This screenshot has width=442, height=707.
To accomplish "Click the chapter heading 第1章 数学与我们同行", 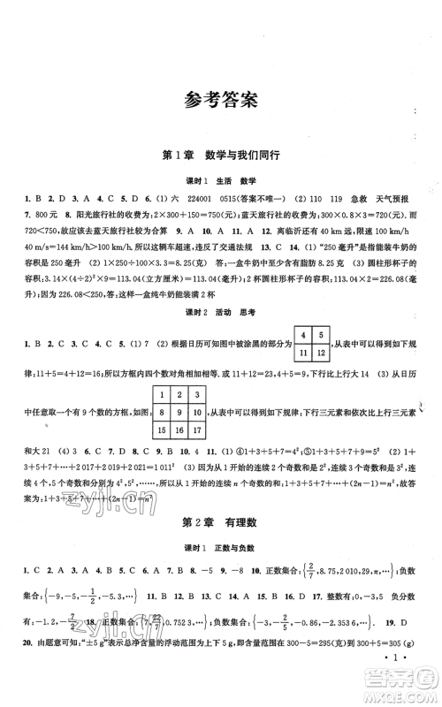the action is (221, 155).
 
